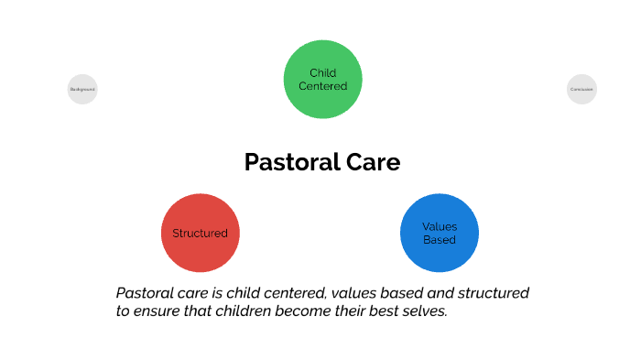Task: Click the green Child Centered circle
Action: tap(322, 80)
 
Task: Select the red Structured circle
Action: tap(200, 233)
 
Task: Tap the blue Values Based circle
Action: tap(439, 233)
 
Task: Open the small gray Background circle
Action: tap(82, 89)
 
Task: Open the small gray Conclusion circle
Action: tap(581, 89)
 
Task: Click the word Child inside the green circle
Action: tap(322, 73)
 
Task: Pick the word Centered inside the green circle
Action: tap(322, 86)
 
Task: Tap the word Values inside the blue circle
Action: tap(439, 226)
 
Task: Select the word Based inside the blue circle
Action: tap(439, 240)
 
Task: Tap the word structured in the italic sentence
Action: tap(494, 293)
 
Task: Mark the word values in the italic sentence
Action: tap(352, 293)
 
